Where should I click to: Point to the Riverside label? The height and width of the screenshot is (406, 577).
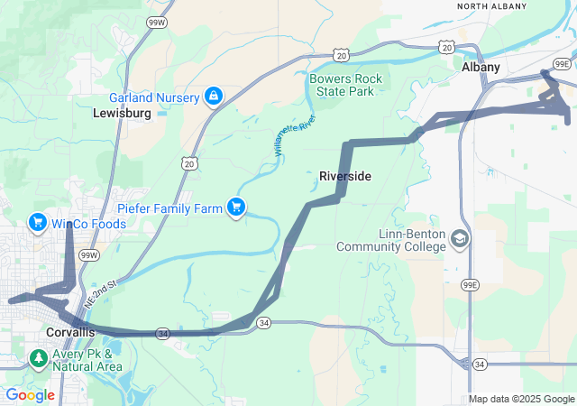pos(345,176)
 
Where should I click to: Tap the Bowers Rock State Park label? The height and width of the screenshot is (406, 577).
pos(346,85)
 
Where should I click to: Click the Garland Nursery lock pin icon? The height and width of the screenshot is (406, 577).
pos(214,95)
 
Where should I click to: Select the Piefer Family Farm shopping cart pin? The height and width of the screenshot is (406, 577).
pos(237,208)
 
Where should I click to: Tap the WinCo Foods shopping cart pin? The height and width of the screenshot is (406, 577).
pos(38,221)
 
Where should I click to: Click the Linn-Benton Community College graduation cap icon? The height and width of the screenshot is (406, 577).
pos(460,239)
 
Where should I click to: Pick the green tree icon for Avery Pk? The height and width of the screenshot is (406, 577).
pos(38,359)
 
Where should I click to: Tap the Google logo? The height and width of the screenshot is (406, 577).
pos(30,395)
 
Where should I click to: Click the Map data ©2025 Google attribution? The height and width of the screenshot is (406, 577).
pos(521,399)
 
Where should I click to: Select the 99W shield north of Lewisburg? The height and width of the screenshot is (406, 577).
pos(156,21)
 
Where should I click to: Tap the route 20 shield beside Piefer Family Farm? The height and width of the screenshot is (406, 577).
pos(188,162)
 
